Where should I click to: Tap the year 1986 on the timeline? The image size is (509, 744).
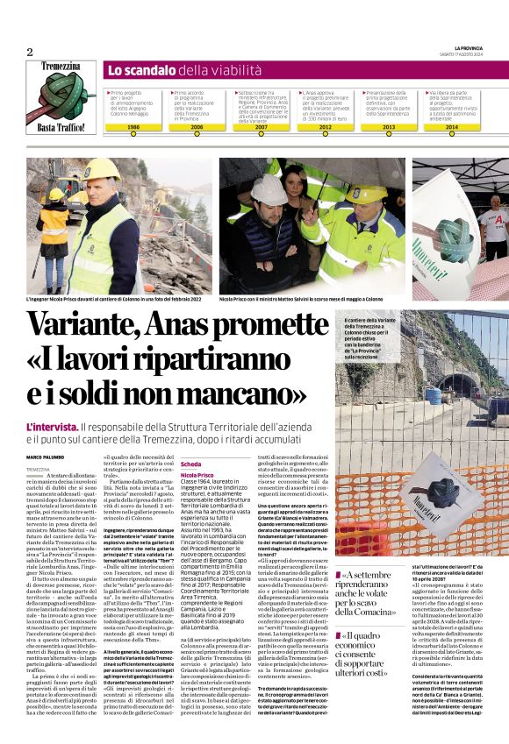[x=133, y=127]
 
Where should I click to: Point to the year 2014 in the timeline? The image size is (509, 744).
[x=451, y=127]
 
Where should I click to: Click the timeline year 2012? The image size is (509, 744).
[x=325, y=127]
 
